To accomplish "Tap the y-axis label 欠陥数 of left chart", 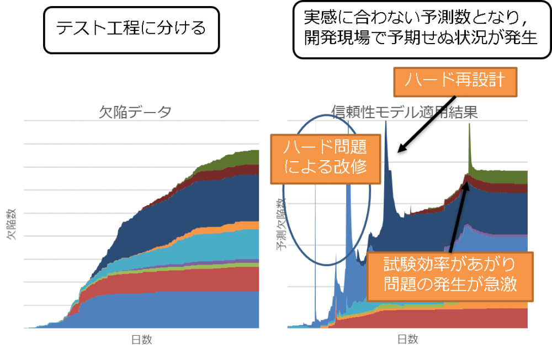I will pos(10,224).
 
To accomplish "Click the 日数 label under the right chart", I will pos(407,340).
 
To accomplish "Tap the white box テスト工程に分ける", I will pos(131,28).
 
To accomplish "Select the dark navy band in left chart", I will pos(182,215).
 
